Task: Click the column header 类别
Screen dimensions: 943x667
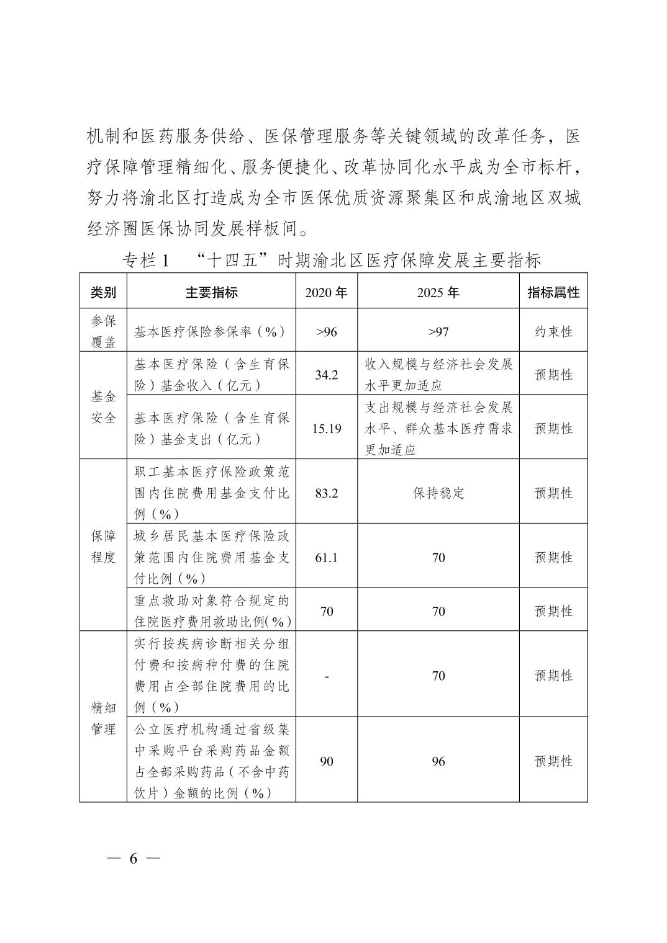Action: click(x=103, y=292)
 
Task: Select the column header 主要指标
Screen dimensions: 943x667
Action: click(x=211, y=292)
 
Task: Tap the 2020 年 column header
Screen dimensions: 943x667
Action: click(x=326, y=292)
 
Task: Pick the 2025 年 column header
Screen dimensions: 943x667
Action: click(x=438, y=292)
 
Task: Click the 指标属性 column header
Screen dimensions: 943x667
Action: click(x=553, y=292)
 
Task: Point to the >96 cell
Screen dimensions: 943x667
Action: click(x=326, y=331)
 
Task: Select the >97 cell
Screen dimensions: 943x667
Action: click(x=438, y=331)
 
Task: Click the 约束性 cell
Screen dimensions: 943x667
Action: click(x=553, y=331)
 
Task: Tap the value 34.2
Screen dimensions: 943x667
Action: click(x=326, y=374)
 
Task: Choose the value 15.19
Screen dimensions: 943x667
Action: click(x=326, y=428)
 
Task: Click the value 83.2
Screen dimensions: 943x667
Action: click(x=326, y=493)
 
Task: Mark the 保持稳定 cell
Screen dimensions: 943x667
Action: click(x=438, y=493)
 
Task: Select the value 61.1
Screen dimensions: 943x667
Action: click(x=326, y=557)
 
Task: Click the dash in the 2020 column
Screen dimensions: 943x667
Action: click(x=326, y=676)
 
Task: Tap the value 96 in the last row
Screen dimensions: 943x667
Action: click(x=438, y=761)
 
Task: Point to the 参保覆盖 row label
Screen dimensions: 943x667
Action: click(x=103, y=331)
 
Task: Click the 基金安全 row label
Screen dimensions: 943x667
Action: click(x=103, y=406)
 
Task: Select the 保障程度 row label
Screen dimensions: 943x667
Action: click(x=103, y=546)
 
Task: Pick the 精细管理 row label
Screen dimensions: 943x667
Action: click(x=103, y=718)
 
